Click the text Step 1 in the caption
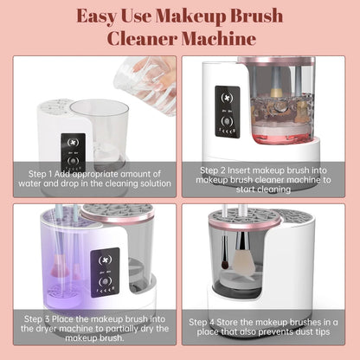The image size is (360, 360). click(x=41, y=173)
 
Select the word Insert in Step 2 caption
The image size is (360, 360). click(x=250, y=170)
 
